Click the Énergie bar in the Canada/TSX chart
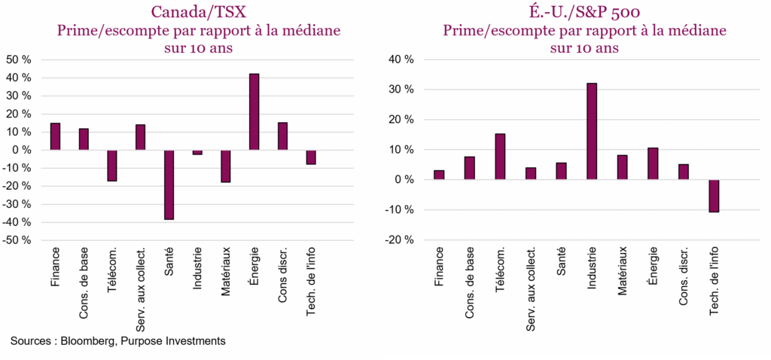click(x=254, y=111)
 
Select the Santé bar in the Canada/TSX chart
click(x=169, y=185)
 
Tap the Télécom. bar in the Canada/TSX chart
click(x=112, y=166)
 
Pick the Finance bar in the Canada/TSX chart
click(x=55, y=136)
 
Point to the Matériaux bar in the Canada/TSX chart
click(x=225, y=166)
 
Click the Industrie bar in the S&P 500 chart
click(x=591, y=131)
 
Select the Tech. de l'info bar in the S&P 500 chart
click(x=714, y=196)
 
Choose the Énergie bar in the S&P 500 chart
click(x=653, y=163)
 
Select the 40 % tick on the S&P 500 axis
click(x=400, y=59)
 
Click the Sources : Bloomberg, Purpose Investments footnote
click(x=118, y=341)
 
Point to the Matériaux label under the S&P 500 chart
click(x=622, y=270)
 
